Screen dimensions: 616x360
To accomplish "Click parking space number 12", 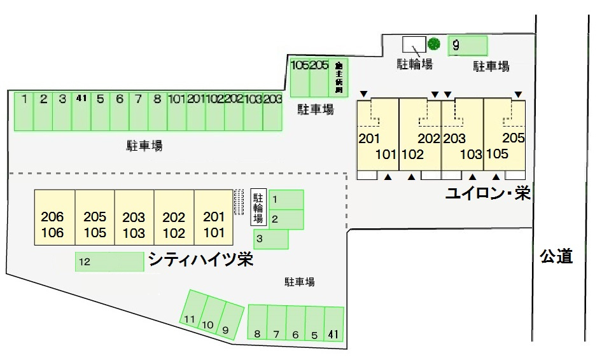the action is pos(109,261).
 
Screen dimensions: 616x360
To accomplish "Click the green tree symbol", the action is pos(434,44).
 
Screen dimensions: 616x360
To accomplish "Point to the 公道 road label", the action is pos(556,256).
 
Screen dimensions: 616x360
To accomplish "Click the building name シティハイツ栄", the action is pos(200,260).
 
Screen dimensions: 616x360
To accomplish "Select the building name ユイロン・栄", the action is pos(487,193).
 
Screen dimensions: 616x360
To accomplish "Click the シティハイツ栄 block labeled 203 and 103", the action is pos(134,218).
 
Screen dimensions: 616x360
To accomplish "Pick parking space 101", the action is pos(176,111).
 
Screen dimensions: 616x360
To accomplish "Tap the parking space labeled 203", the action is pos(272,111).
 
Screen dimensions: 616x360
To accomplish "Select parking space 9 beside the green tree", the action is pos(468,46).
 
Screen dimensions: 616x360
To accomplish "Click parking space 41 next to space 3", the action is pos(81,111).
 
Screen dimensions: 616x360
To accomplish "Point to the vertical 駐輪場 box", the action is pos(258,207).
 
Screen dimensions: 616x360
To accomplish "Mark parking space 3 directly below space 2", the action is pos(271,240).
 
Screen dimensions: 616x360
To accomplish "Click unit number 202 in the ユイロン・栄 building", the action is pos(429,139).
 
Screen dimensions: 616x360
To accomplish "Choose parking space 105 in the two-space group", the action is pos(300,77).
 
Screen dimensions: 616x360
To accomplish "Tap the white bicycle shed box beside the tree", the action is pos(414,45).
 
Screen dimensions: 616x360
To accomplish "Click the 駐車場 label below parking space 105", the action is pos(316,109).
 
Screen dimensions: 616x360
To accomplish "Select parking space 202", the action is pos(234,111).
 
